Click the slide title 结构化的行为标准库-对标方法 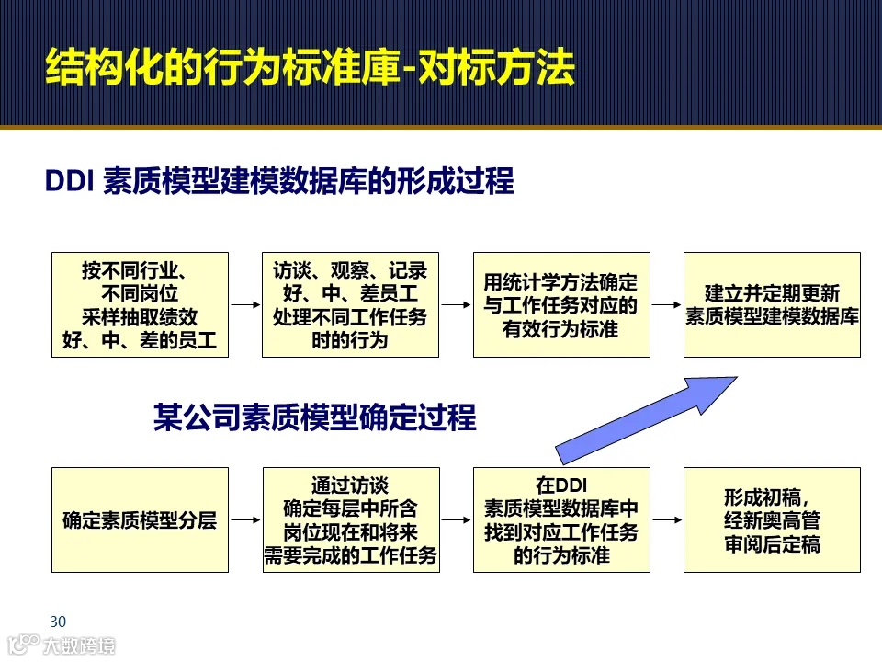(311, 68)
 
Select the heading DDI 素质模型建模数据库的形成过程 (279, 181)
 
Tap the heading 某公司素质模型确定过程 (314, 417)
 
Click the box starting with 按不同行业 (140, 304)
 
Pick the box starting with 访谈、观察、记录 (350, 304)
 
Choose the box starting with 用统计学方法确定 (560, 304)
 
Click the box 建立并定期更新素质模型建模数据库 (772, 304)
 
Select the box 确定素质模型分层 (140, 519)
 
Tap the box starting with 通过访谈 (350, 519)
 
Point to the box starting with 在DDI (560, 519)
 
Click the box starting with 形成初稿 (772, 519)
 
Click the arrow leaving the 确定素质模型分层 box (245, 519)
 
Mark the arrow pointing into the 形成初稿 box (666, 519)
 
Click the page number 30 (59, 620)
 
